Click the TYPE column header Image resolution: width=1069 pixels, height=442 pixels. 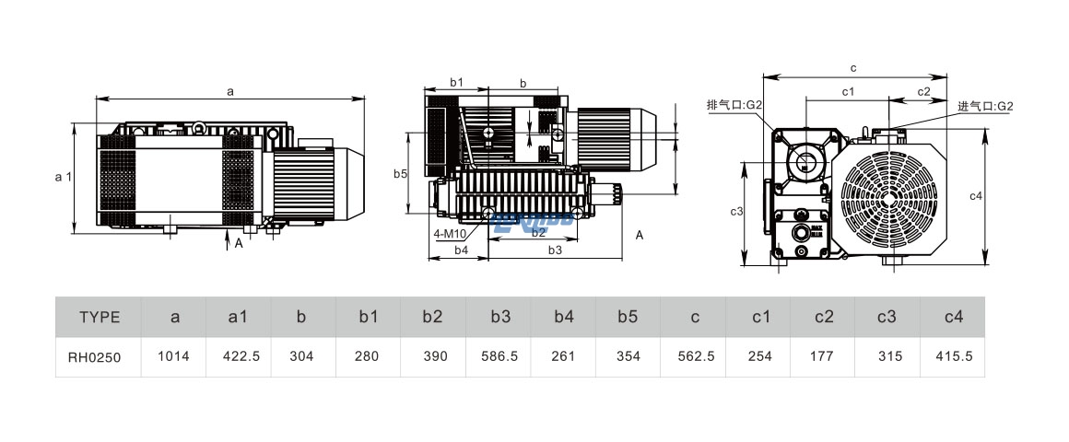pos(99,318)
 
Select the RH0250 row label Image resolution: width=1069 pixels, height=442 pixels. pos(99,356)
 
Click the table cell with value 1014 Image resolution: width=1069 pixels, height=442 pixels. pos(174,356)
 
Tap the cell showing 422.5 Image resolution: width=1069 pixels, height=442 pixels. pos(239,356)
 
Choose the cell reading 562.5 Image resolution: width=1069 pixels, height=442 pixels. pos(694,356)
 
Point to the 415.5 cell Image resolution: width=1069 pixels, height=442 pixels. pos(954,356)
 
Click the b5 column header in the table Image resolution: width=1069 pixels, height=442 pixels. pos(628,318)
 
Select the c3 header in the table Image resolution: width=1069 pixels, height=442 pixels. pos(888,318)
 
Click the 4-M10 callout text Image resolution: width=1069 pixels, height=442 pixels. pos(450,234)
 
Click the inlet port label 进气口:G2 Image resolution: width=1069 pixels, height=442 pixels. pos(985,107)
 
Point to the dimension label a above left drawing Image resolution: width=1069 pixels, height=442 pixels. pos(230,90)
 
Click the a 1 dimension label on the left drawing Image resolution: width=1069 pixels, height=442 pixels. pos(63,177)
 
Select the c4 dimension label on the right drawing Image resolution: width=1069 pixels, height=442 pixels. pos(1003,195)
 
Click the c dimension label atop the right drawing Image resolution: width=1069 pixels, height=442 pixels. pos(853,68)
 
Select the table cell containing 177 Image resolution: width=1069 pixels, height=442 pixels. pos(824,356)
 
